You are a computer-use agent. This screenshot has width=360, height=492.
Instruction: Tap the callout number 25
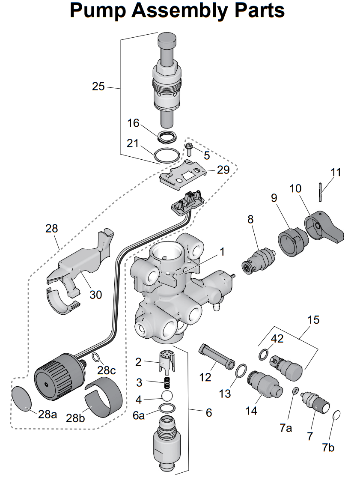pyautogui.click(x=98, y=86)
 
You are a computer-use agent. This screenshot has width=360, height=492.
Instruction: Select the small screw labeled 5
pyautogui.click(x=189, y=149)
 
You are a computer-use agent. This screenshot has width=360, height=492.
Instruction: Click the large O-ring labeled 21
pyautogui.click(x=167, y=155)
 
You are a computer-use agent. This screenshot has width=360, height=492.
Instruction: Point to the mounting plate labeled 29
pyautogui.click(x=183, y=174)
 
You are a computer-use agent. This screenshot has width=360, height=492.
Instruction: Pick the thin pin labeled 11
pyautogui.click(x=321, y=191)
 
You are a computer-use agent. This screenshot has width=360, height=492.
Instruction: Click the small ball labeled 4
pyautogui.click(x=167, y=395)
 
